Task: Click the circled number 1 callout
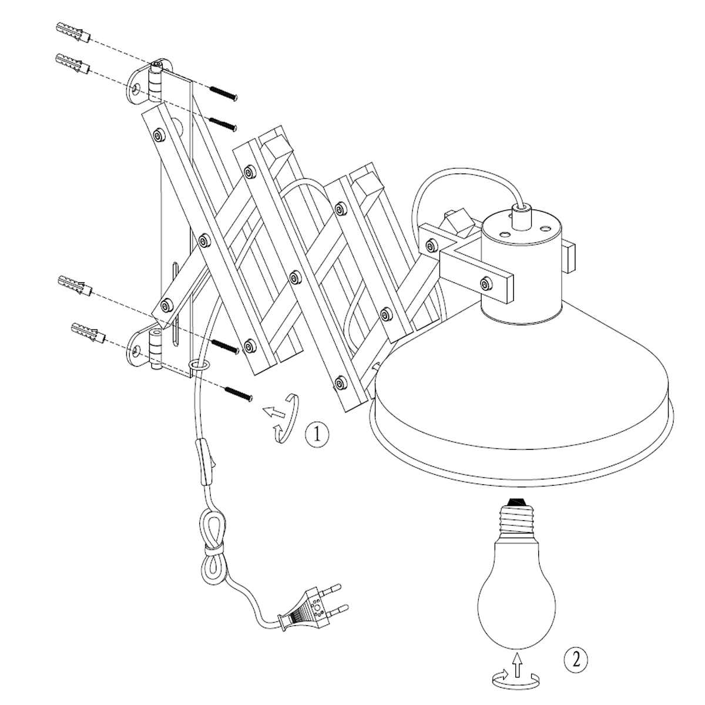317,435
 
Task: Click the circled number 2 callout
576,660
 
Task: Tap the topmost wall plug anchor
74,32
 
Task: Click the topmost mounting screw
223,93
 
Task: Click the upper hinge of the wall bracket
156,82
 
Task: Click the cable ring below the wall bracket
199,365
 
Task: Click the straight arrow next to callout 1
274,412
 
